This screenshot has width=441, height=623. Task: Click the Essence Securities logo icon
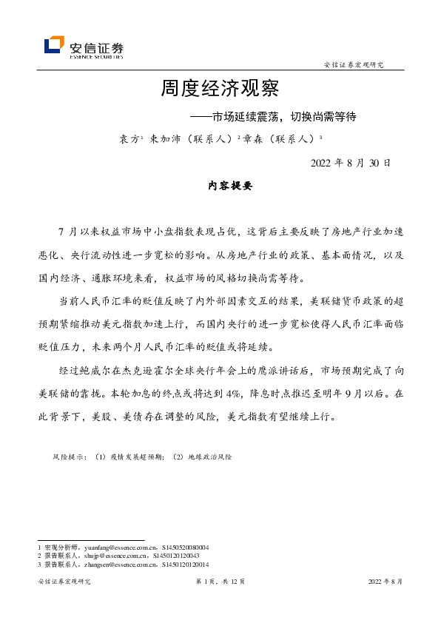53,46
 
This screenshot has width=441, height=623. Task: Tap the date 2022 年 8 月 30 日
350,163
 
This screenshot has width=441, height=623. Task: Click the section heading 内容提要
220,186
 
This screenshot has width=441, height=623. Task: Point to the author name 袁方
129,138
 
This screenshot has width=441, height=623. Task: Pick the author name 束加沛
164,138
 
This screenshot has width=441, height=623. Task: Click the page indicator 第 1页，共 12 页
220,582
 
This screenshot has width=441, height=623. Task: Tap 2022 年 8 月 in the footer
386,582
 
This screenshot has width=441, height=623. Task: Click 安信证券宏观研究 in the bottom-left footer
64,582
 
